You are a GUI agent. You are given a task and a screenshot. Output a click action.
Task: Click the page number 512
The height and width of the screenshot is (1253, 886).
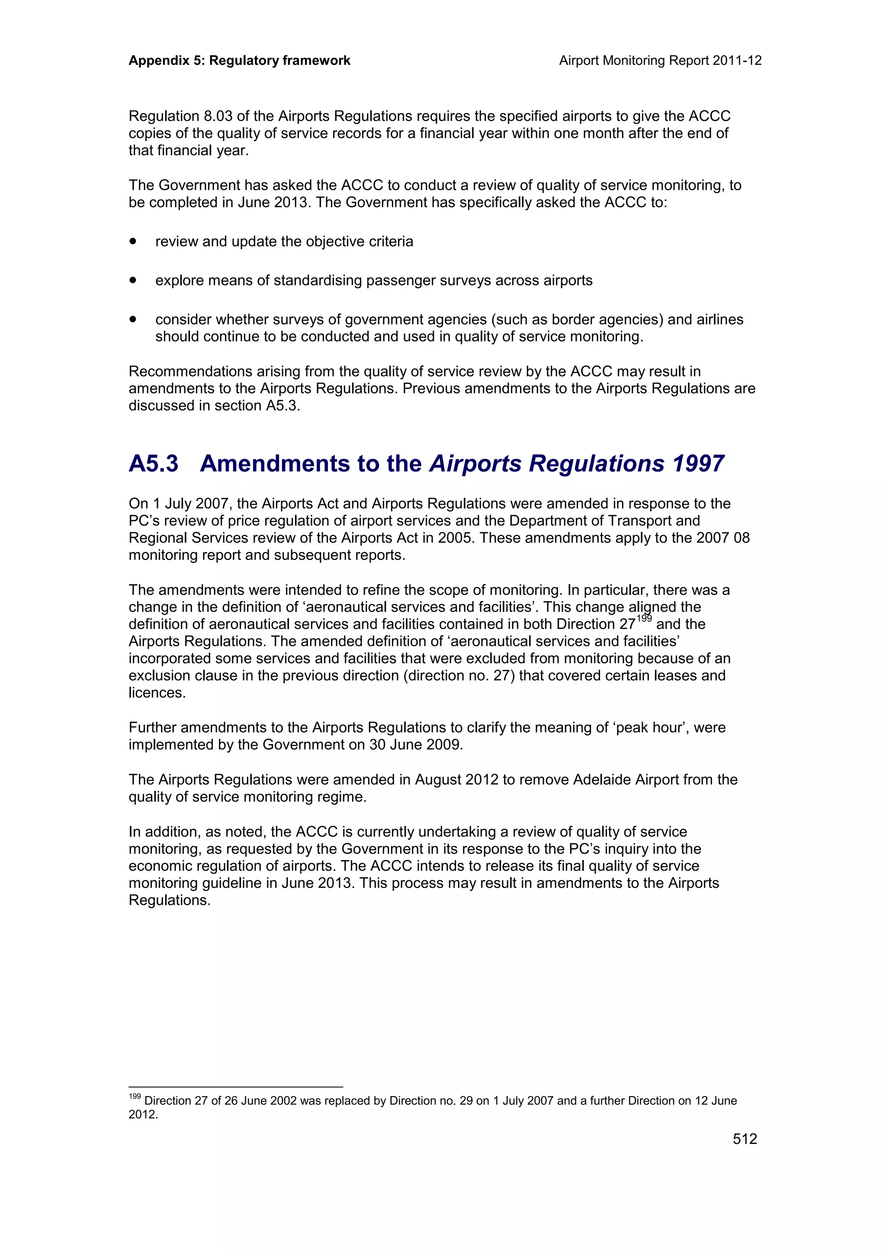coord(745,1139)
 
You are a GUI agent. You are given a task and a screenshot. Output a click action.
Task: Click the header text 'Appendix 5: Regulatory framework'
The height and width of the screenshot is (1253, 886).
coord(239,61)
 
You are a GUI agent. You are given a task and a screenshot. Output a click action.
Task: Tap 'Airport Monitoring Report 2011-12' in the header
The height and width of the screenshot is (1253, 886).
coord(660,61)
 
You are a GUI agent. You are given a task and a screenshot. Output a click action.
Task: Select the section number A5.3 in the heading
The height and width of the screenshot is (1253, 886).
coord(154,464)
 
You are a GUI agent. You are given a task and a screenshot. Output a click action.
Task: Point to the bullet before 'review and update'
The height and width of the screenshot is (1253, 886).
coord(133,241)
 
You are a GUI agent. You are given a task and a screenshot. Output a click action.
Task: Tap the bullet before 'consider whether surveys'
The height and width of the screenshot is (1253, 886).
coord(133,319)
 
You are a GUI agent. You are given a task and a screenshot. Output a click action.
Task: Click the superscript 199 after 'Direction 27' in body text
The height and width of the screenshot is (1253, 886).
coord(644,619)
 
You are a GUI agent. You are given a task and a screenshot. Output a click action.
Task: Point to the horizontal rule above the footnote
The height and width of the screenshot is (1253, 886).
coord(235,1087)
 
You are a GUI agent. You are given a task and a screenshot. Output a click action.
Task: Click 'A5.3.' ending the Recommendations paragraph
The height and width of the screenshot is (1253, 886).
coord(283,406)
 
